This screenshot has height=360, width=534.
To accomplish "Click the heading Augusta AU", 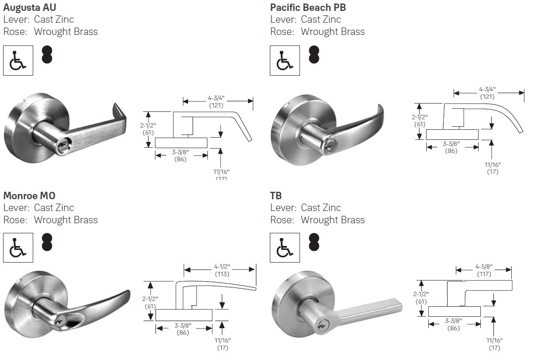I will coord(30,7).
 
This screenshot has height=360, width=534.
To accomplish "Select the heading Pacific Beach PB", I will coord(308,7).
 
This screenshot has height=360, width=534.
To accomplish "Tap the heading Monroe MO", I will coord(29,195).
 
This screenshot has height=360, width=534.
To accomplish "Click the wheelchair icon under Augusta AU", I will coord(18,60).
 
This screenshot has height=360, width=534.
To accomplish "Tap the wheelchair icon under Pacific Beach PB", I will coord(285,60).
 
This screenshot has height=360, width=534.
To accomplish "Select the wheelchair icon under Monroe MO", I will coord(18,248).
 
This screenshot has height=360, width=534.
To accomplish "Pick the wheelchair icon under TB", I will coord(285,248).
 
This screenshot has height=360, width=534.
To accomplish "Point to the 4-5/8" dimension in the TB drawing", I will coord(484,267).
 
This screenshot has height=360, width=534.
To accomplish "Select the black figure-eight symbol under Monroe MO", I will coord(47,242).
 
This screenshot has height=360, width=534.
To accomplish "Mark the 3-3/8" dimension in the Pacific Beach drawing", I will coord(451,144).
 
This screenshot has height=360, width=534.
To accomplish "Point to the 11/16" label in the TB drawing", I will coord(494,340).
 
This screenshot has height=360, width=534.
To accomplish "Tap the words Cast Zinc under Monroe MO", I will coord(54,208).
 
